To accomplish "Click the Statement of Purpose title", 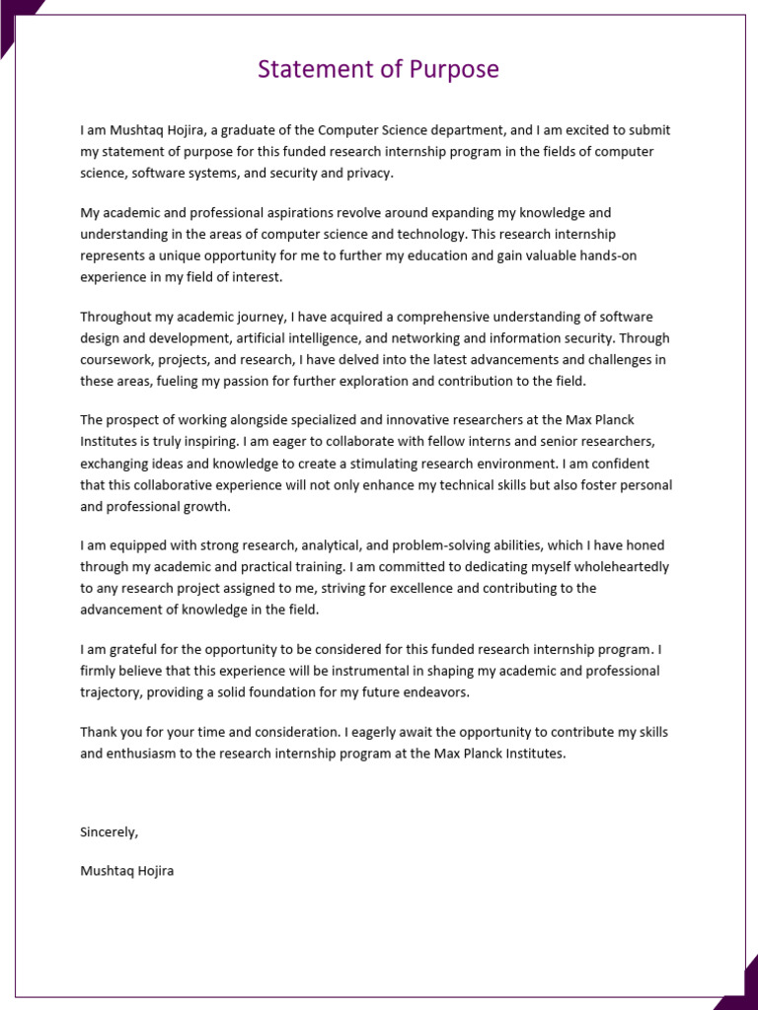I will click(x=378, y=70).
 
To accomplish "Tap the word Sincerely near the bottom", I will click(x=109, y=831).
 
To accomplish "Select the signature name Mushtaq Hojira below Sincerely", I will click(x=126, y=871).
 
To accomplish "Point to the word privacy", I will click(x=370, y=173).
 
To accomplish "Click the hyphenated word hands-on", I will click(x=641, y=256).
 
